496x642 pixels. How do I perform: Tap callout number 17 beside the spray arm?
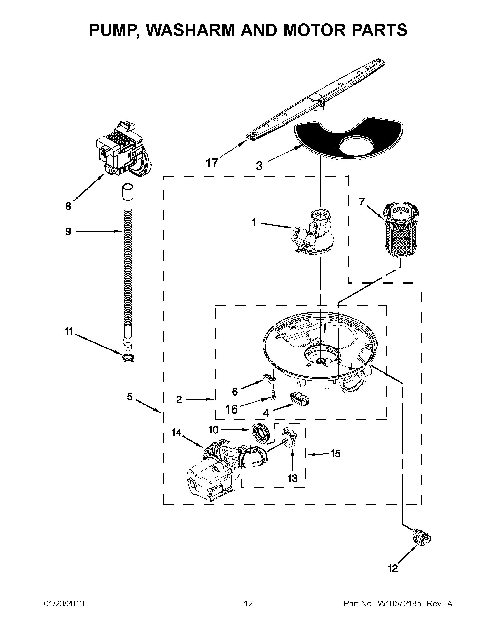click(212, 162)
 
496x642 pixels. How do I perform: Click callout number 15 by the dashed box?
click(335, 454)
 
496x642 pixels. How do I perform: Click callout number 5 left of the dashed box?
click(130, 397)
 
